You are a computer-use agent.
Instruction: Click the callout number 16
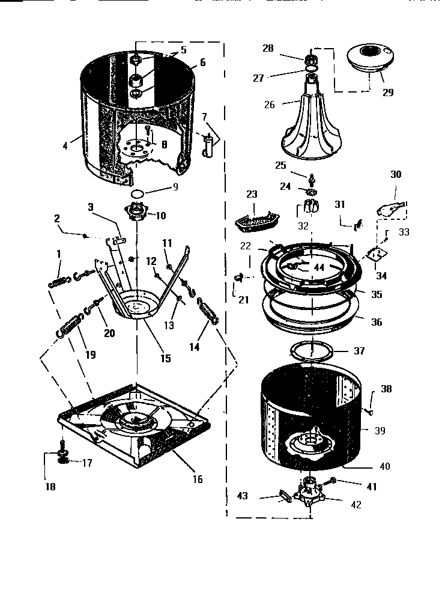click(198, 479)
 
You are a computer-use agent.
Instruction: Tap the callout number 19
click(90, 354)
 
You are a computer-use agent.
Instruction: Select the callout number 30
click(396, 174)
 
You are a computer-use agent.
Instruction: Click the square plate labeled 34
click(377, 255)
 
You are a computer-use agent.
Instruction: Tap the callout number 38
click(386, 389)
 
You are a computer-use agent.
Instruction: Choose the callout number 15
click(165, 359)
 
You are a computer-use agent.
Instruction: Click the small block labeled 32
click(310, 207)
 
